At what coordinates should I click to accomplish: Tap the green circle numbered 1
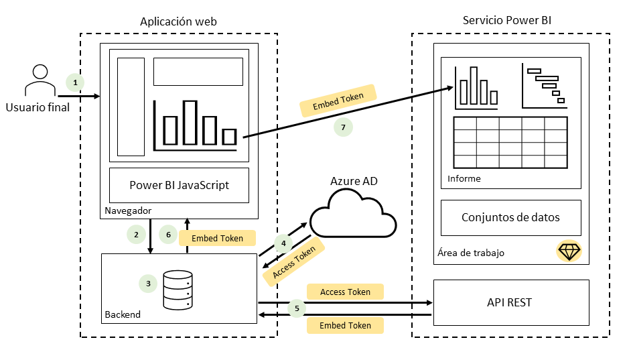[76, 82]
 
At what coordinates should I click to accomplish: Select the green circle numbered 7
[344, 127]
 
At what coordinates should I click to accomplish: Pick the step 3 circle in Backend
[148, 283]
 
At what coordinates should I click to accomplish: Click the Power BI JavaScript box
[179, 185]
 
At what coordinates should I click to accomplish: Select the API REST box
[510, 302]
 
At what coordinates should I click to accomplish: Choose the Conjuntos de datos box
[510, 217]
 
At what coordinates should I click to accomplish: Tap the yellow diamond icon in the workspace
[569, 251]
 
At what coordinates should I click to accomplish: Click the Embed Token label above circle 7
[338, 101]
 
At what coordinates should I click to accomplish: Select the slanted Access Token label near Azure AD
[294, 261]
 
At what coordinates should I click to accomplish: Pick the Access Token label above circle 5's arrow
[345, 292]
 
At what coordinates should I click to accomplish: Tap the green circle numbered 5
[297, 308]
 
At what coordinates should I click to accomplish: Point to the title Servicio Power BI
[507, 20]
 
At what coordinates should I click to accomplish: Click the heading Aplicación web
[178, 22]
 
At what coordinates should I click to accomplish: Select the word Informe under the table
[464, 179]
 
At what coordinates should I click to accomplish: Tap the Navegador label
[127, 211]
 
